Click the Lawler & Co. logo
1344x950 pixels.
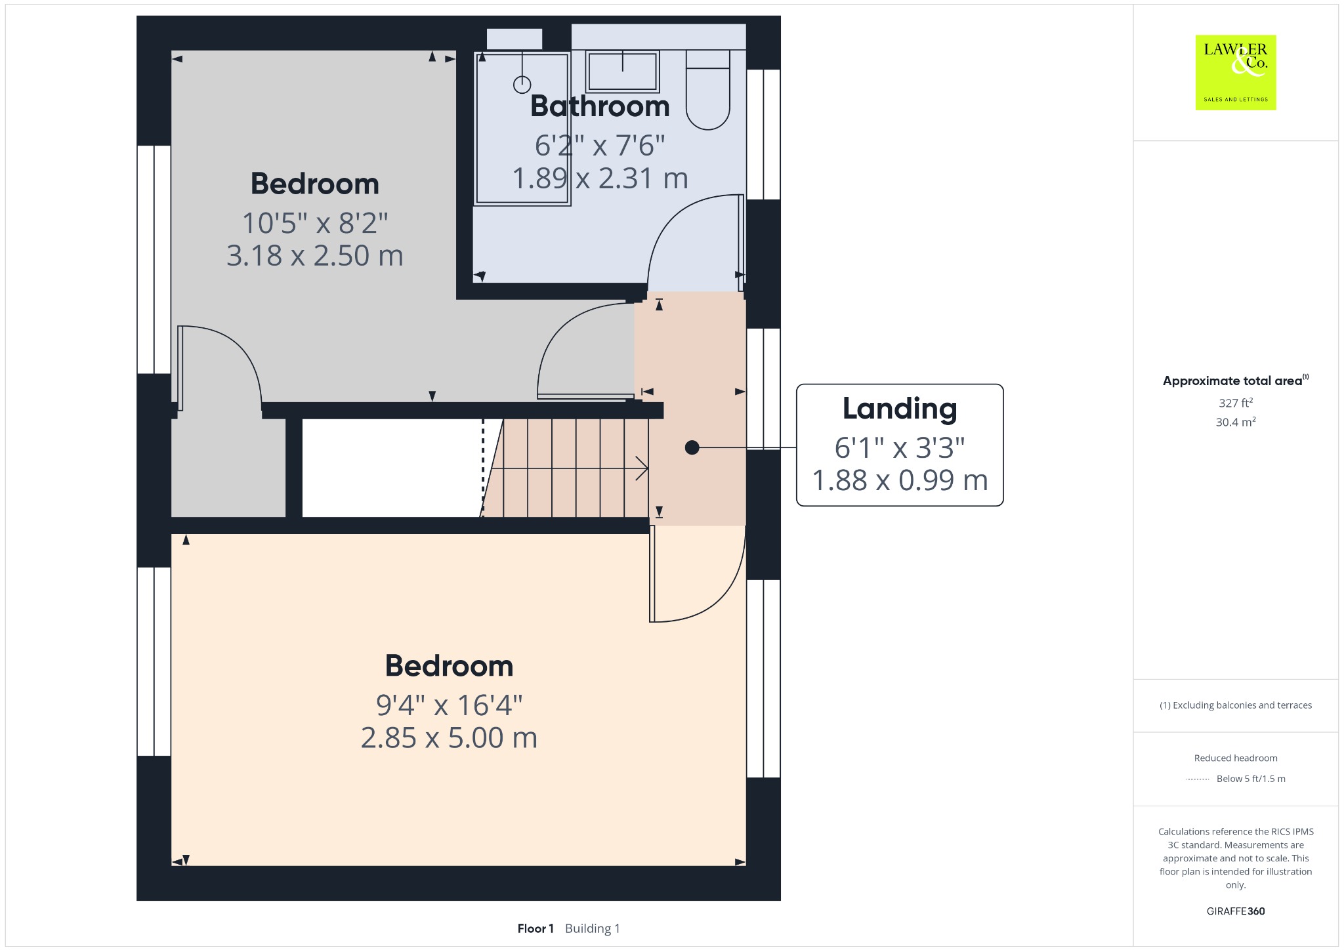[1236, 72]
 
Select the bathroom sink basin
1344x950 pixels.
[623, 71]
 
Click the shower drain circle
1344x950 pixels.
[522, 85]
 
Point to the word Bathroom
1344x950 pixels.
[600, 106]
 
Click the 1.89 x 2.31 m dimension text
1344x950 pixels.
[600, 178]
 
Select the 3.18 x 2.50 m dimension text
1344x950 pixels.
[315, 255]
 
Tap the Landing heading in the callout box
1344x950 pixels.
[900, 409]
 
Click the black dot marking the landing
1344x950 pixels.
[692, 447]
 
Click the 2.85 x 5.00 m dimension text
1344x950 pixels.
[450, 738]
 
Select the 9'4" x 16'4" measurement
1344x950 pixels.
[450, 705]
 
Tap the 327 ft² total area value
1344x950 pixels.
[1236, 403]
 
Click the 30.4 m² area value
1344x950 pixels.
[1236, 422]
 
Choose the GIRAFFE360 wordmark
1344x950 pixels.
[1236, 911]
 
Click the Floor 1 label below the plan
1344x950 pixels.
[535, 928]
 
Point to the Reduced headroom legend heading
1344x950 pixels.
[1236, 758]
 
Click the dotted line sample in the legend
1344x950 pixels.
[1198, 779]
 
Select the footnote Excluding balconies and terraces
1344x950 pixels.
[1236, 705]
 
